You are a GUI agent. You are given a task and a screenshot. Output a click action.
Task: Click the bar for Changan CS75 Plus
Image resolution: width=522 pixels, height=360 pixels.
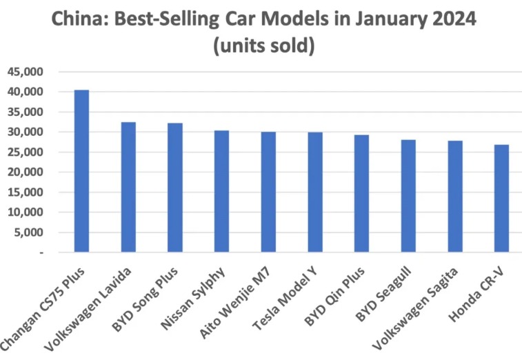[x=81, y=171]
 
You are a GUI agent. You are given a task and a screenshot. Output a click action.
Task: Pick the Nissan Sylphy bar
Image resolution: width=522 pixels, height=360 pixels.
[x=221, y=191]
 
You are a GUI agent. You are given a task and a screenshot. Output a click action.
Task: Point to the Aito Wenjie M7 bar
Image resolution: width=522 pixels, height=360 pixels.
[x=268, y=192]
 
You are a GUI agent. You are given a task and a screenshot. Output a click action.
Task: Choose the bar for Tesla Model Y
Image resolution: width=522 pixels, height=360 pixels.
[x=315, y=192]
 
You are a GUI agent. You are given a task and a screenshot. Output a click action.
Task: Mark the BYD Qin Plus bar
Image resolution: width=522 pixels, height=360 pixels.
[x=361, y=194]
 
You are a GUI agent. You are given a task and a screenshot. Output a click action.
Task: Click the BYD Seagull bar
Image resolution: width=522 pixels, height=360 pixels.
[x=408, y=196]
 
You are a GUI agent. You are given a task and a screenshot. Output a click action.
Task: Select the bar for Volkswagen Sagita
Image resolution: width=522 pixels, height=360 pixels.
[x=455, y=197]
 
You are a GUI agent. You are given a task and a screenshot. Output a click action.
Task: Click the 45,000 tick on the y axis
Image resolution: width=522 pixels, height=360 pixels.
[x=26, y=72]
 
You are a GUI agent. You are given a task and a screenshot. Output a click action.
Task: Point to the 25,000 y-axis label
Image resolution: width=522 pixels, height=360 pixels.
[x=26, y=152]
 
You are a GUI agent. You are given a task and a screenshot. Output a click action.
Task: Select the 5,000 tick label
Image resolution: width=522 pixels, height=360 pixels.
[x=28, y=233]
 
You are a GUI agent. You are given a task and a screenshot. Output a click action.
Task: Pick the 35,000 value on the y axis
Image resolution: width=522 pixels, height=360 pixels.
[x=26, y=112]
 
